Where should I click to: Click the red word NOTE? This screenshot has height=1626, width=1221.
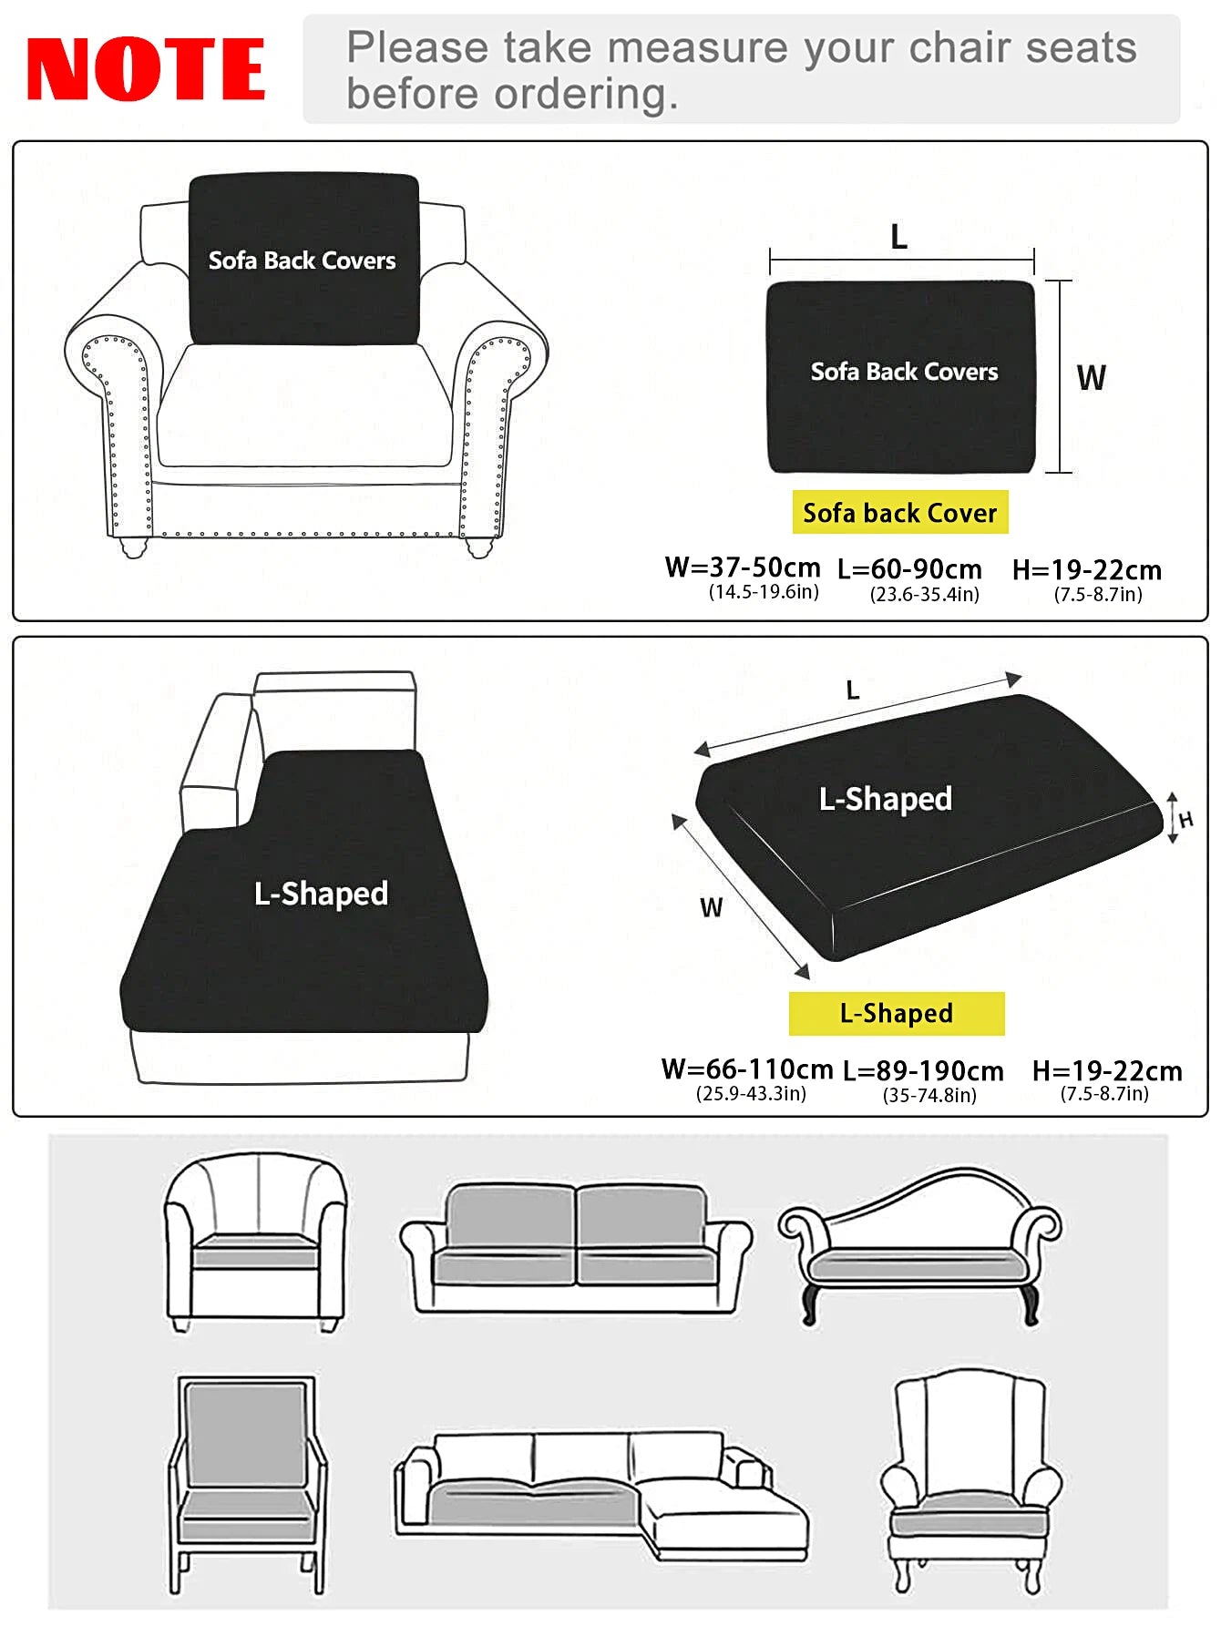(146, 69)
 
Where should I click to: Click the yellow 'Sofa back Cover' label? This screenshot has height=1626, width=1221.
(899, 513)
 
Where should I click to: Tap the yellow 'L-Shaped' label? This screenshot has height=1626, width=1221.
(897, 1013)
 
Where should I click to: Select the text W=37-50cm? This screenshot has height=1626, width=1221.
(743, 568)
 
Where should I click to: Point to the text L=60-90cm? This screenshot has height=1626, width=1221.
(909, 569)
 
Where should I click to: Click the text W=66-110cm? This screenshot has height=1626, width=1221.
(746, 1069)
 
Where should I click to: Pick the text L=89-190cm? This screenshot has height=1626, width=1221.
(923, 1071)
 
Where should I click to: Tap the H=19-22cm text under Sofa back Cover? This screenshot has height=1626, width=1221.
(1087, 570)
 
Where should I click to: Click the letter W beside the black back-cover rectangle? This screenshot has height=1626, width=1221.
(1091, 377)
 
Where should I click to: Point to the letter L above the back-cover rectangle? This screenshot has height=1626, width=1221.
(898, 238)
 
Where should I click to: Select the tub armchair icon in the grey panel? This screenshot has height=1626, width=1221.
(255, 1241)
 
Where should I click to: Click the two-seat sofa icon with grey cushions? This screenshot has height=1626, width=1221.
(576, 1246)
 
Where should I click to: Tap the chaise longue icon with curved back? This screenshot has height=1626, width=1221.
(919, 1244)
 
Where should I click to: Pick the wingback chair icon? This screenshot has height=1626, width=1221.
(970, 1479)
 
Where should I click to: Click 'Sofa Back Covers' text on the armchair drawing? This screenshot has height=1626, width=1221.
(302, 261)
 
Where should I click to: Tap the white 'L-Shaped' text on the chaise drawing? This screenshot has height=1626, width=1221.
(321, 893)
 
